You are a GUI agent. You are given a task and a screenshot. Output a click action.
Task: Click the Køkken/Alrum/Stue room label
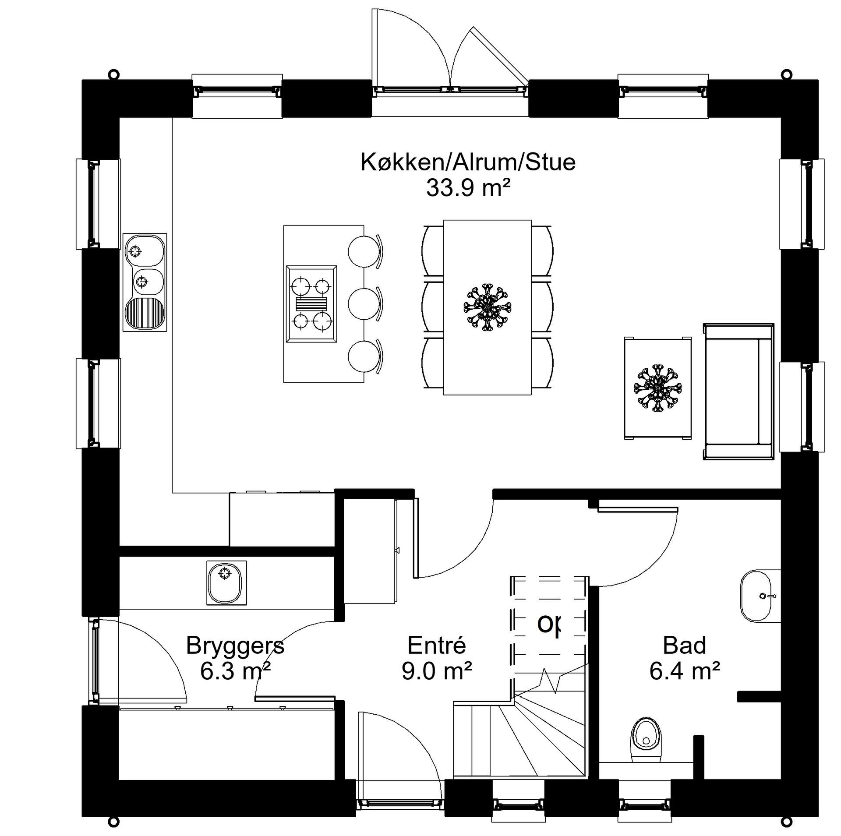(467, 162)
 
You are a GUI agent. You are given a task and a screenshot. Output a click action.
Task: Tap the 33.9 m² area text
(468, 189)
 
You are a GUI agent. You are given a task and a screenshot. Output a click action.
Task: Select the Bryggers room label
(235, 646)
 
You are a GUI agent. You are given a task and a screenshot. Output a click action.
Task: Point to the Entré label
(437, 646)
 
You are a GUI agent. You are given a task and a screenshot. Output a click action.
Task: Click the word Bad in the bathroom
(684, 646)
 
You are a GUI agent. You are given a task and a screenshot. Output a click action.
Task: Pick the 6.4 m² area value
(684, 671)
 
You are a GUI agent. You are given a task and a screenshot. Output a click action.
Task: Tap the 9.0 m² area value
(437, 671)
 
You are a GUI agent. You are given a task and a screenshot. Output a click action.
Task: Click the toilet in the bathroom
(646, 738)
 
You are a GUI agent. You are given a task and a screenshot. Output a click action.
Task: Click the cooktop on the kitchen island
(311, 303)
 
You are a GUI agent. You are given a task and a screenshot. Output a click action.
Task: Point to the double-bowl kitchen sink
(145, 282)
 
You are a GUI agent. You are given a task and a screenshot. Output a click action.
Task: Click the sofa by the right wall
(739, 392)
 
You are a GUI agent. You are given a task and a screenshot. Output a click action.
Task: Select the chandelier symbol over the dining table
(487, 307)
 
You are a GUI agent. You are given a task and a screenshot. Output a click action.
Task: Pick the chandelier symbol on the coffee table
(657, 388)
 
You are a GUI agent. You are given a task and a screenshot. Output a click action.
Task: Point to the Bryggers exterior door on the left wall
(95, 661)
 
